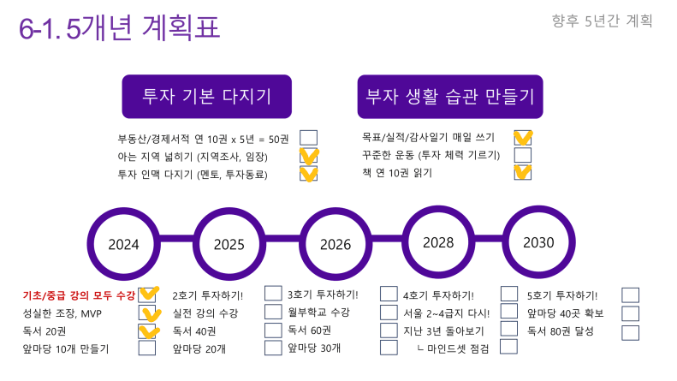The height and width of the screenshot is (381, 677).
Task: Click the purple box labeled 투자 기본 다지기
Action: click(207, 97)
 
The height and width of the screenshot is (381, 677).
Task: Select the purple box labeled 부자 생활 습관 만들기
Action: click(450, 97)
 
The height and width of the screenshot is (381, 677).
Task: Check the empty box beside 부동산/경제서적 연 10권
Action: click(308, 138)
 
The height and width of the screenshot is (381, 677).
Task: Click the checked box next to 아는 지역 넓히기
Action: click(308, 156)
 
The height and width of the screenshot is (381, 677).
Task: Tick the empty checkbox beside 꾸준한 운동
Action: click(522, 155)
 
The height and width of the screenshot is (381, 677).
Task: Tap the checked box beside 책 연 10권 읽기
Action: click(522, 172)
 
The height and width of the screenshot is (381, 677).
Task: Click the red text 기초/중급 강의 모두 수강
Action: click(79, 295)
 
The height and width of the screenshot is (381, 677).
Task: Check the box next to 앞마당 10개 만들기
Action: click(147, 348)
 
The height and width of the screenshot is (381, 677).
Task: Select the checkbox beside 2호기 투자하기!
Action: click(273, 293)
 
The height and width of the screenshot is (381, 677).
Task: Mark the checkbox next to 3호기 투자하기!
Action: click(389, 294)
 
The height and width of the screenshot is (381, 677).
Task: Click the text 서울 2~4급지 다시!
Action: click(447, 313)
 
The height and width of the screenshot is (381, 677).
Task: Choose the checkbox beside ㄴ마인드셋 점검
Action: click(508, 347)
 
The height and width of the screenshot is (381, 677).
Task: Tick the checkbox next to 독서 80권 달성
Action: click(631, 332)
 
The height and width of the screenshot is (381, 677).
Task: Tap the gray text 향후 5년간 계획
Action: click(602, 21)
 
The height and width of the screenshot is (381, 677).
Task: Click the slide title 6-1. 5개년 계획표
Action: click(120, 27)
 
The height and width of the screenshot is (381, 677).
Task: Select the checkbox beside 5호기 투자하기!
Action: click(631, 295)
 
